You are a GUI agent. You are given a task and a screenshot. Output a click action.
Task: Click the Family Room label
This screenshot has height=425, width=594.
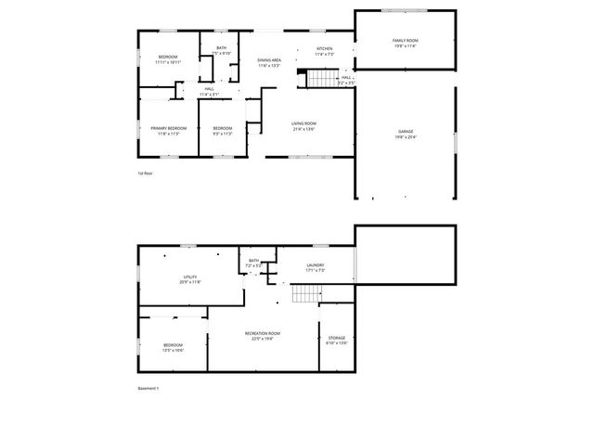tap(405, 41)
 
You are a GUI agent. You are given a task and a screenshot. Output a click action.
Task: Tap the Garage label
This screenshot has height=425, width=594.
tap(407, 132)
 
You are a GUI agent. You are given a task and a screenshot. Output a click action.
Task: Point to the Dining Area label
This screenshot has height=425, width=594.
tap(269, 59)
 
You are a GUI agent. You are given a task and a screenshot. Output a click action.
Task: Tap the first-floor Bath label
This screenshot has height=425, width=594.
tap(221, 47)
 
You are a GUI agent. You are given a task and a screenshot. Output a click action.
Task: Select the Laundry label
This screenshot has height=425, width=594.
tap(316, 265)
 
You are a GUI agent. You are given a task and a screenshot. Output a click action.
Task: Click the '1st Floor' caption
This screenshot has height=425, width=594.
tap(144, 173)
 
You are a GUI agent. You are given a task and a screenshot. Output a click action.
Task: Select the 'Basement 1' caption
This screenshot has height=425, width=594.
tap(148, 388)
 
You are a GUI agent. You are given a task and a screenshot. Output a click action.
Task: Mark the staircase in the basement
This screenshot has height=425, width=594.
tap(305, 295)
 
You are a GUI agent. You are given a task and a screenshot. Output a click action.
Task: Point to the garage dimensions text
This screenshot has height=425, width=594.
tap(407, 137)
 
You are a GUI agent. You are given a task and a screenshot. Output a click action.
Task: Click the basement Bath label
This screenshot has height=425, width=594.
tap(252, 261)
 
